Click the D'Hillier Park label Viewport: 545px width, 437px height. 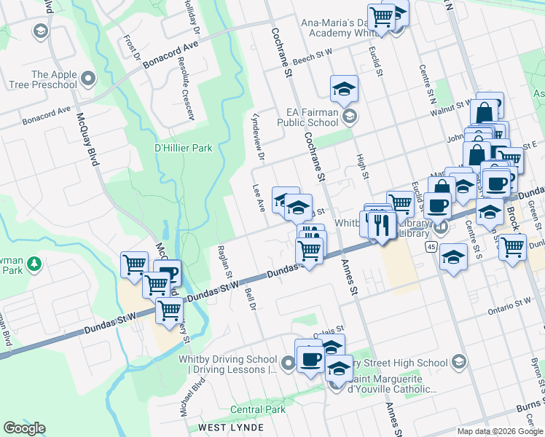[183, 148]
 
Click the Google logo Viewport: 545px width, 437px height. [24, 428]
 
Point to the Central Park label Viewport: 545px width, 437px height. [258, 410]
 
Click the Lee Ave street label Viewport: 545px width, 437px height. [258, 197]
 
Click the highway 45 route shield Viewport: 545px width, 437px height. [431, 248]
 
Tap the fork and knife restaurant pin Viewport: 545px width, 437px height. [381, 224]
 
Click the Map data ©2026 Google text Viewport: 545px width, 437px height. [499, 431]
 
